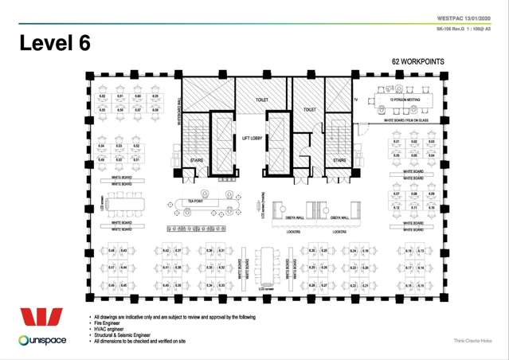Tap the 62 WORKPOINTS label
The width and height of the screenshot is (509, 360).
point(418,61)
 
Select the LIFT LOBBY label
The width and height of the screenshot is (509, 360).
point(253,138)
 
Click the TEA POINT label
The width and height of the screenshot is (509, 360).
point(195,201)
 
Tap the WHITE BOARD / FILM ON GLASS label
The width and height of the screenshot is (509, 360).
point(406,121)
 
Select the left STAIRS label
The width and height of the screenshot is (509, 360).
point(198,160)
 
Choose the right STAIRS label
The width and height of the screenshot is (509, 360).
point(339,160)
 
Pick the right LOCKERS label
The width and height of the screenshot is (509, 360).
point(339,232)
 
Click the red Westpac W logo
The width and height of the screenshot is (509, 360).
point(41,318)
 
